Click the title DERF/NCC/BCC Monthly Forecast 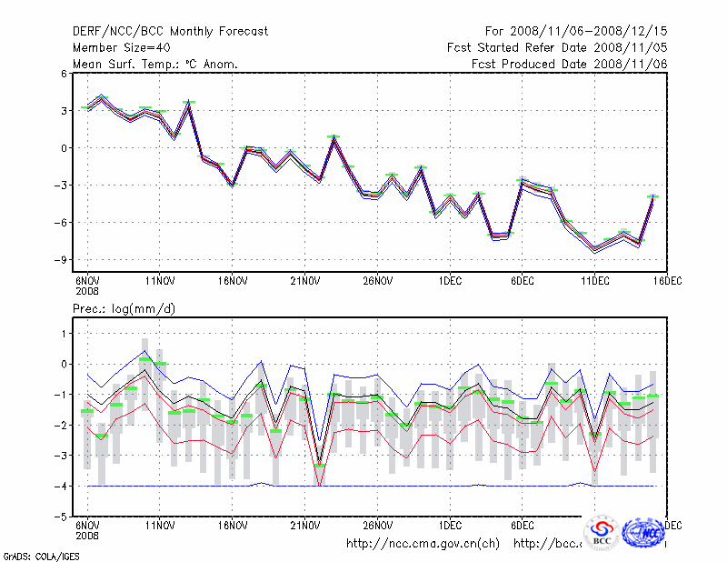pos(170,32)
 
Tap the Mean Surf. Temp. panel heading pos(154,64)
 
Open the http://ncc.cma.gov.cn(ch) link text pos(423,544)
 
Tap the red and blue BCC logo pos(602,533)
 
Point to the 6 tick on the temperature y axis pos(64,74)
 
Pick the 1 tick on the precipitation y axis pos(64,334)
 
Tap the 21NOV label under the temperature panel pos(304,282)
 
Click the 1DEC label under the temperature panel pos(450,282)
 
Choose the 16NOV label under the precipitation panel pos(232,525)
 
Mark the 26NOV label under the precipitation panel pos(377,525)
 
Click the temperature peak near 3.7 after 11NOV pos(189,104)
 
